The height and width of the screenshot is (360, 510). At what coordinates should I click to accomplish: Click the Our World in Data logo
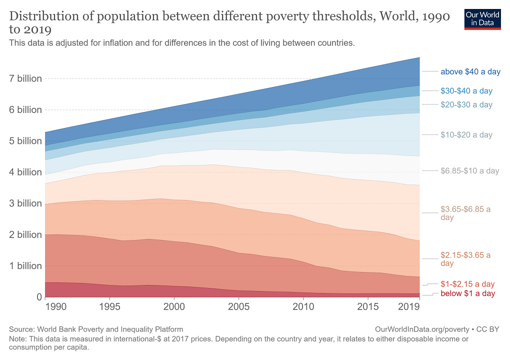[x=482, y=18]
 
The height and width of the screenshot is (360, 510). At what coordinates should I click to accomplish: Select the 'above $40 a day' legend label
[x=470, y=72]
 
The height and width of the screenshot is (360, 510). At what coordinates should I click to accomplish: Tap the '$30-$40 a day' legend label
[x=466, y=91]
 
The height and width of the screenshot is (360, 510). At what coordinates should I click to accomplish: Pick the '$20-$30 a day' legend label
[x=466, y=105]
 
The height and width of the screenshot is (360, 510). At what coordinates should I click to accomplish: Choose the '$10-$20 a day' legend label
[x=466, y=135]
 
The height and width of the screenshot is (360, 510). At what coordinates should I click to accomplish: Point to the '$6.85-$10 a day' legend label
[x=469, y=171]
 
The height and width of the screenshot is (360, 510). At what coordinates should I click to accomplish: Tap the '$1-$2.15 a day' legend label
[x=467, y=284]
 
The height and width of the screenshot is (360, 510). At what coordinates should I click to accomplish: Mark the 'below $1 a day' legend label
[x=467, y=293]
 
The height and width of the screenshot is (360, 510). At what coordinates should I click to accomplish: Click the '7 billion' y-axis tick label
[x=25, y=78]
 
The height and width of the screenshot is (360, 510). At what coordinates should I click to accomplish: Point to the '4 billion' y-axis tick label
[x=25, y=172]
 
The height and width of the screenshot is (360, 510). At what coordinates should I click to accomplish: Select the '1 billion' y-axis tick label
[x=25, y=266]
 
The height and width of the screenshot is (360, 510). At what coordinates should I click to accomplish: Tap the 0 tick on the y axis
[x=38, y=297]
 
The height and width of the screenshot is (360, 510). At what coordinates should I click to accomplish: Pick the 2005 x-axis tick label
[x=238, y=305]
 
